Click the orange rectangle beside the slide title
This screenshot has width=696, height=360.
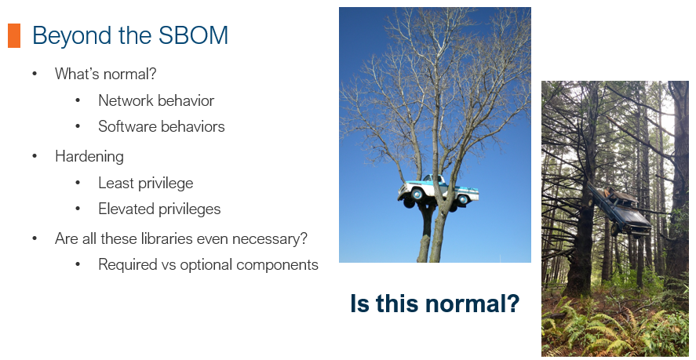click(14, 35)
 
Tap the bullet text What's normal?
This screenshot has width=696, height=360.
click(106, 74)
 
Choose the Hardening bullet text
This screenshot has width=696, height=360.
click(89, 157)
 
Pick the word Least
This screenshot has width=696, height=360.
click(113, 183)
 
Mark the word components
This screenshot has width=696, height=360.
click(278, 265)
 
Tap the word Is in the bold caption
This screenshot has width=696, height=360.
click(359, 304)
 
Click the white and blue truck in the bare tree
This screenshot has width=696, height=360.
click(438, 192)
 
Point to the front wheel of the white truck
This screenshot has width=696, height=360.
click(417, 195)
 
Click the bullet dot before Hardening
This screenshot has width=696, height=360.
click(35, 157)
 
